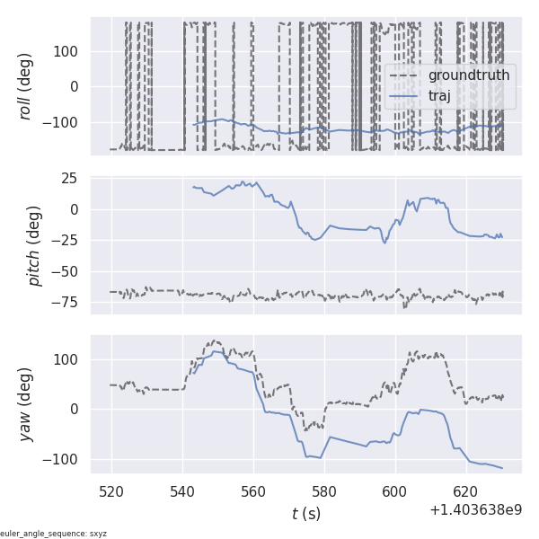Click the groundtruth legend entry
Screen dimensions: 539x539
(468, 75)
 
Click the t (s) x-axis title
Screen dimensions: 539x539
(305, 514)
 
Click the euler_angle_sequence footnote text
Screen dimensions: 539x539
(54, 534)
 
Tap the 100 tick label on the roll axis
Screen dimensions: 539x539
(66, 50)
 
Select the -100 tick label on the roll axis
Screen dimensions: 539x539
(63, 123)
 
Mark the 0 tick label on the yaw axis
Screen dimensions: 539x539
(75, 409)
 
